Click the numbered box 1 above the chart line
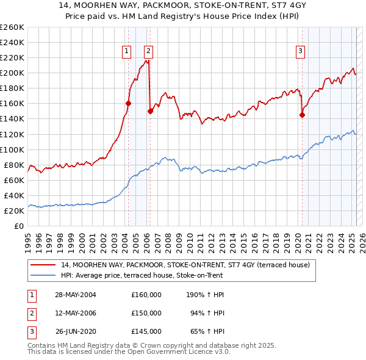coord(126,52)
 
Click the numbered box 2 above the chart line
coord(148,52)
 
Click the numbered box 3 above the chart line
coord(301,52)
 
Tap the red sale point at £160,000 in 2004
coord(128,103)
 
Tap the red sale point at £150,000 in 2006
coord(150,111)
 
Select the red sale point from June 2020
coord(302,115)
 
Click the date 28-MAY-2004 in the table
coord(76,295)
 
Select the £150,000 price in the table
coord(146,313)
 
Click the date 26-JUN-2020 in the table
coord(76,332)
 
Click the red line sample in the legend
coord(43,265)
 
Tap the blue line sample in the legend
coord(43,275)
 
